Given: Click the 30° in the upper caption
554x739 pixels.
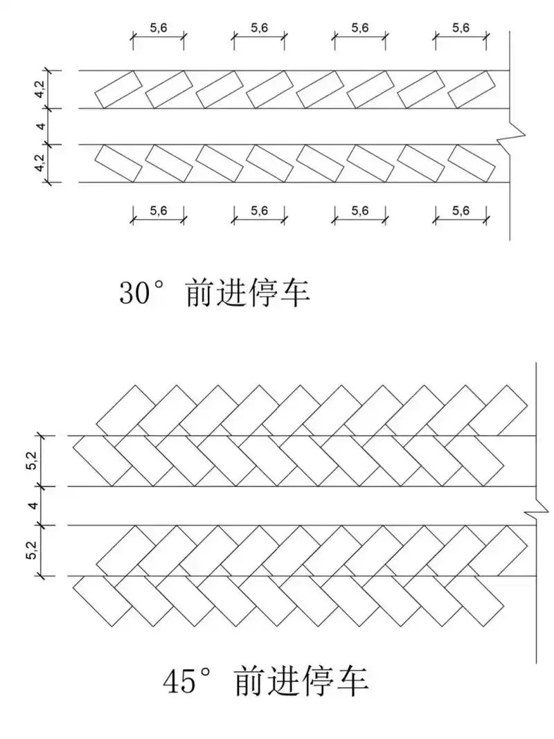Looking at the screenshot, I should (x=143, y=294).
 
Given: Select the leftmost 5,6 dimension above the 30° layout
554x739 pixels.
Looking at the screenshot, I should (x=159, y=28).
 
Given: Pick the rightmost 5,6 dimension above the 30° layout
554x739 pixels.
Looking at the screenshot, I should (x=461, y=28).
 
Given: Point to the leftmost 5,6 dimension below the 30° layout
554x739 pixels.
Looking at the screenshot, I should (x=159, y=211).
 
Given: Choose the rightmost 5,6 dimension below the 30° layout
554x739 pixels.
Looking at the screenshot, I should (x=461, y=211).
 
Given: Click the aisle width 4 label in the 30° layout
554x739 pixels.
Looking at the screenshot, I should (x=42, y=126).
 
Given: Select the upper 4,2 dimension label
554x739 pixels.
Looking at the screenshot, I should (x=42, y=89).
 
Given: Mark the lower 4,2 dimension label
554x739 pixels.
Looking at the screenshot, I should (x=42, y=163).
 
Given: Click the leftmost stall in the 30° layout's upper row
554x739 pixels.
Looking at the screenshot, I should (x=118, y=89).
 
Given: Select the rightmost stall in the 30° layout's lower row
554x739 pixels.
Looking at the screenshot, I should (x=472, y=163).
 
